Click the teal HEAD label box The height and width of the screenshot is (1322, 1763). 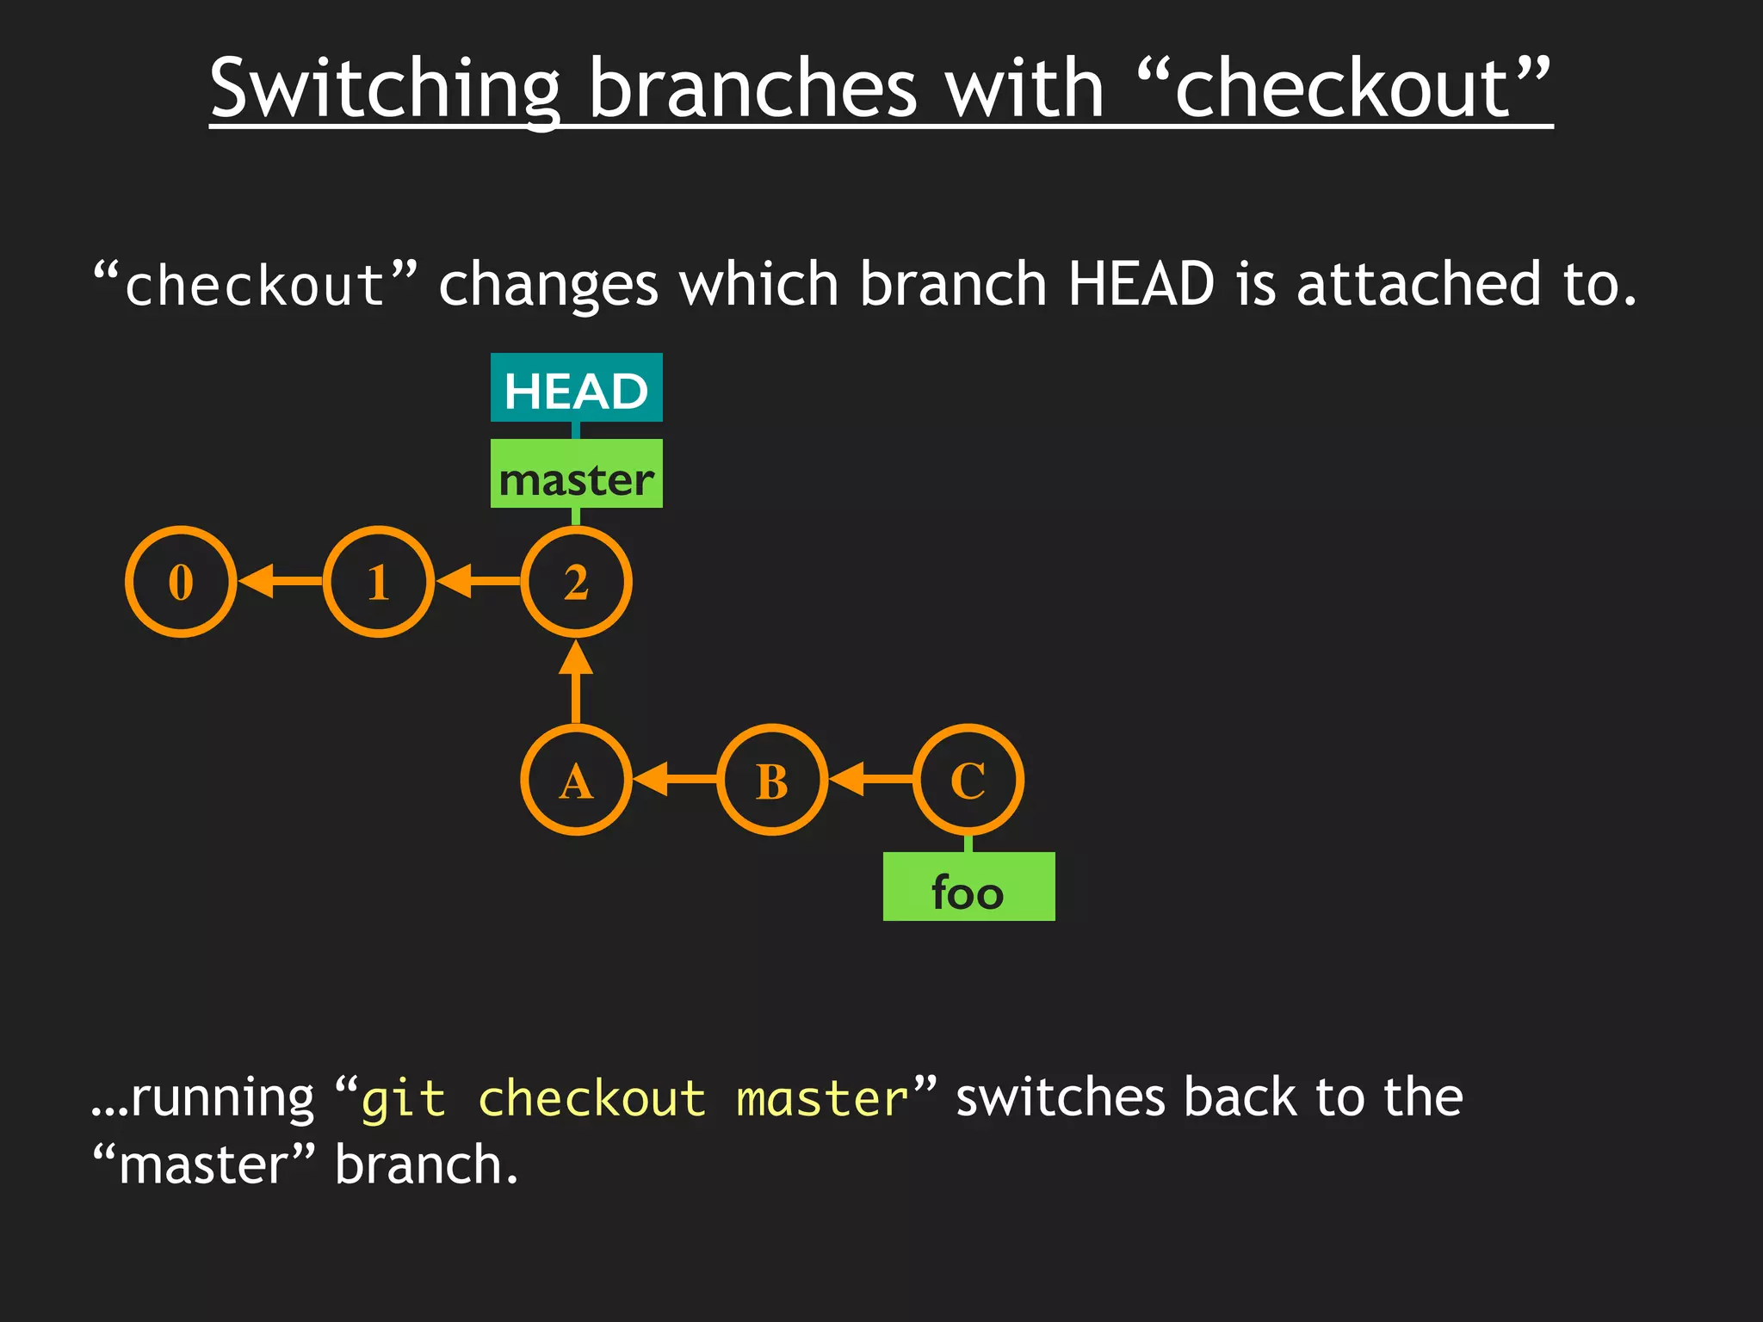click(x=576, y=388)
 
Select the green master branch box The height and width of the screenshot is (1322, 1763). click(x=576, y=474)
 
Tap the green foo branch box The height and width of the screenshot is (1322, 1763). click(x=968, y=887)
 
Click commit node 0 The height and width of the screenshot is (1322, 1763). click(x=181, y=582)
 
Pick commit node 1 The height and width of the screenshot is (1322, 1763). click(x=379, y=582)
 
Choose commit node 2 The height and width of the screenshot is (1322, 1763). click(x=576, y=582)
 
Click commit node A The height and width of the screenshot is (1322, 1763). click(x=576, y=780)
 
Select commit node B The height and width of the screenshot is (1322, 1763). click(x=772, y=780)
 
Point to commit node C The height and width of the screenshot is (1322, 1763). click(x=968, y=780)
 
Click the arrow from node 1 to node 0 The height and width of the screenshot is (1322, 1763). click(x=280, y=582)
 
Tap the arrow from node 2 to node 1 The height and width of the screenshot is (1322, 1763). click(x=478, y=582)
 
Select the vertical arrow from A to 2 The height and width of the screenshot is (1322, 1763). click(x=576, y=682)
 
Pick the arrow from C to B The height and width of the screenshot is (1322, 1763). click(x=870, y=780)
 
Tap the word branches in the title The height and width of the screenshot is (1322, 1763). click(x=753, y=90)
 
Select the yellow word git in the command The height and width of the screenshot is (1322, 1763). click(x=403, y=1101)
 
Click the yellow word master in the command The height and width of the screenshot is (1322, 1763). click(x=822, y=1101)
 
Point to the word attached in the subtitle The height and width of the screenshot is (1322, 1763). click(x=1419, y=284)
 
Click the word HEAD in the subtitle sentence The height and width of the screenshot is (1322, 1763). click(x=1141, y=284)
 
